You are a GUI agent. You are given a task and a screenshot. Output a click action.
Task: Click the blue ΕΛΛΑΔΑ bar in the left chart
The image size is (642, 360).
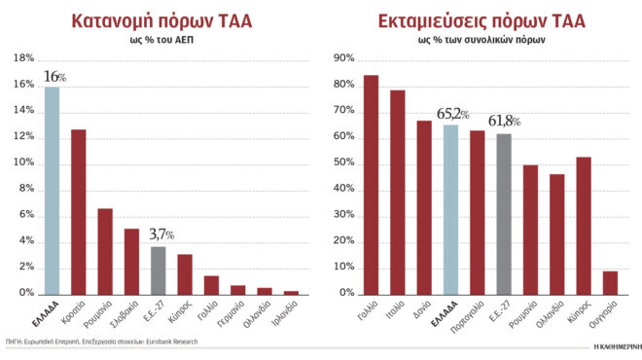click(52, 190)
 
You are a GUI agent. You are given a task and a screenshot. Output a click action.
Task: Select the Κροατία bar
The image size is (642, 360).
click(78, 211)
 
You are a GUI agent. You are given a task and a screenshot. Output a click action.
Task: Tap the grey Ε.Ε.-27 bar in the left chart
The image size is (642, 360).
click(158, 270)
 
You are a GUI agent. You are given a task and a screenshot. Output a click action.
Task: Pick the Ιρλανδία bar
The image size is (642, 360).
click(290, 291)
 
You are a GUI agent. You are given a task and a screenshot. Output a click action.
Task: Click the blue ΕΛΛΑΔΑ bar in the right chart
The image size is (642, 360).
click(450, 208)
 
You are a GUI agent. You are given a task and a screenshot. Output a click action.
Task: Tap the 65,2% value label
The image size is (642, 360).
click(450, 114)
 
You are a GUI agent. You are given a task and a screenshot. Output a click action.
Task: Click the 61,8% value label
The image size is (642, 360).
click(504, 122)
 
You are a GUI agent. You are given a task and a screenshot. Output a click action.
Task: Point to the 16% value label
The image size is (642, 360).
click(54, 77)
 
